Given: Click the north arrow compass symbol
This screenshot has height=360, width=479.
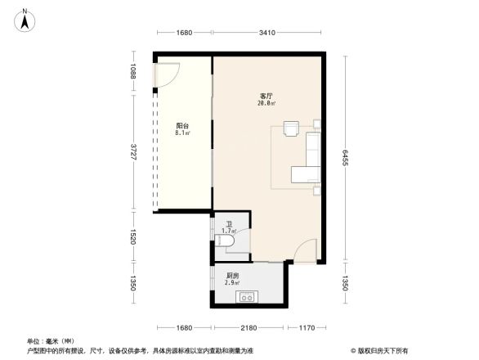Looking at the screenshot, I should (25, 18).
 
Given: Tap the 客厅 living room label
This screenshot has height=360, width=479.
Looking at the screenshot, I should (266, 97).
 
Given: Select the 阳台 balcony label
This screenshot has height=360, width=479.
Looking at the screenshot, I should (182, 125).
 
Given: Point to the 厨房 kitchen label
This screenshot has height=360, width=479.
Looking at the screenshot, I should (233, 276).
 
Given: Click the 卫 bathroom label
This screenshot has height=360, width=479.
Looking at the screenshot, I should (228, 224).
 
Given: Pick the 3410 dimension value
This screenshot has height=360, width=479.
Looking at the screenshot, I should (266, 33).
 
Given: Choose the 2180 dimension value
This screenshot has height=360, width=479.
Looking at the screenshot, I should (248, 327).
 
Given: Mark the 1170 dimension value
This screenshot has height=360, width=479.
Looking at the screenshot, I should (306, 327).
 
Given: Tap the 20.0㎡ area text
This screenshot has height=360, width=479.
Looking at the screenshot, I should (266, 104).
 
